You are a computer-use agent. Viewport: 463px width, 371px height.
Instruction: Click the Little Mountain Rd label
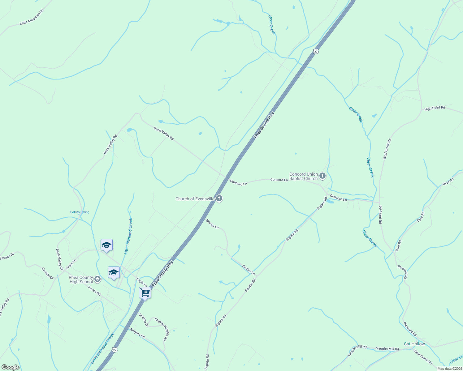32,17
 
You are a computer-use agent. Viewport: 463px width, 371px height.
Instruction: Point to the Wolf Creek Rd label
387,149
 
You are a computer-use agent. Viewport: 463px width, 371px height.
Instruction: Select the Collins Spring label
80,212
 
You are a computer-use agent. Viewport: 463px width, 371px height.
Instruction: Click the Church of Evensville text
195,199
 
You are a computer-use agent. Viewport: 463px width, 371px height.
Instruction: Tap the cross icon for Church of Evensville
219,198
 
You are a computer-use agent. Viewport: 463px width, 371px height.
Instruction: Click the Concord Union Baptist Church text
303,176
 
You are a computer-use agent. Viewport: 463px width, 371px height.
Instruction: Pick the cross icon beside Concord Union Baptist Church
322,176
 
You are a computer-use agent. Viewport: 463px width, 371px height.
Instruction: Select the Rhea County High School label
81,279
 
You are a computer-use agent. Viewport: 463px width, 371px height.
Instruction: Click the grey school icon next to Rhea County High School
97,279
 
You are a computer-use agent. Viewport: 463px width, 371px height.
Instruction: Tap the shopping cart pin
145,292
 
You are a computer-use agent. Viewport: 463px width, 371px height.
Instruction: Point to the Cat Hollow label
414,344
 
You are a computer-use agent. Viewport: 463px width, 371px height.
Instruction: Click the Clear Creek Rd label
422,357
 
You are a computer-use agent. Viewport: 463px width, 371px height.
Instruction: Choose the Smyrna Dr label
144,320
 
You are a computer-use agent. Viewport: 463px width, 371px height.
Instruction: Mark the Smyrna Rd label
137,333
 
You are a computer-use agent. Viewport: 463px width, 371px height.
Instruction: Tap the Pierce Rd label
94,291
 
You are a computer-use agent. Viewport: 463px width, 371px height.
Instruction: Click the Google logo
10,367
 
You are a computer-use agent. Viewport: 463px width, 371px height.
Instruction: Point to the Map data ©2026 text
449,369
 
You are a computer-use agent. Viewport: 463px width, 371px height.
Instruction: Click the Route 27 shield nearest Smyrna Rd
115,350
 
